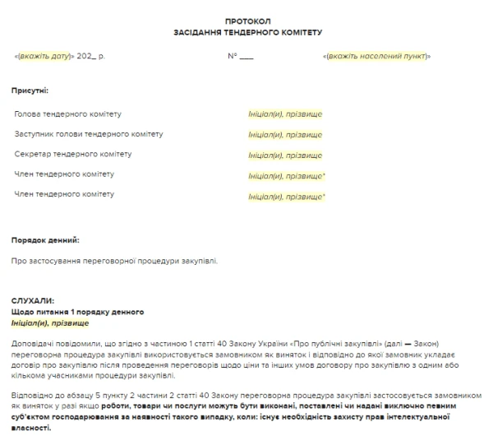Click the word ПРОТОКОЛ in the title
click(x=247, y=20)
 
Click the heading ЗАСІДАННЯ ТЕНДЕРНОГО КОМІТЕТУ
click(x=247, y=33)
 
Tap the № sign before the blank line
click(x=233, y=56)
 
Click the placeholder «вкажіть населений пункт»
click(x=377, y=56)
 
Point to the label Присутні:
click(x=30, y=89)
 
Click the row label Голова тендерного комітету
click(x=67, y=114)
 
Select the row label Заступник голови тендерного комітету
click(x=89, y=134)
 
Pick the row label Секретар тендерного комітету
click(x=72, y=154)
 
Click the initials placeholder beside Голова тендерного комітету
click(x=285, y=114)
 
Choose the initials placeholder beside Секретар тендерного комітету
click(x=285, y=154)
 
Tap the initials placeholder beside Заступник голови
click(x=285, y=134)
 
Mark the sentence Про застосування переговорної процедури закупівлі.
click(x=115, y=261)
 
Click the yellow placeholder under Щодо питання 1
click(x=50, y=324)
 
